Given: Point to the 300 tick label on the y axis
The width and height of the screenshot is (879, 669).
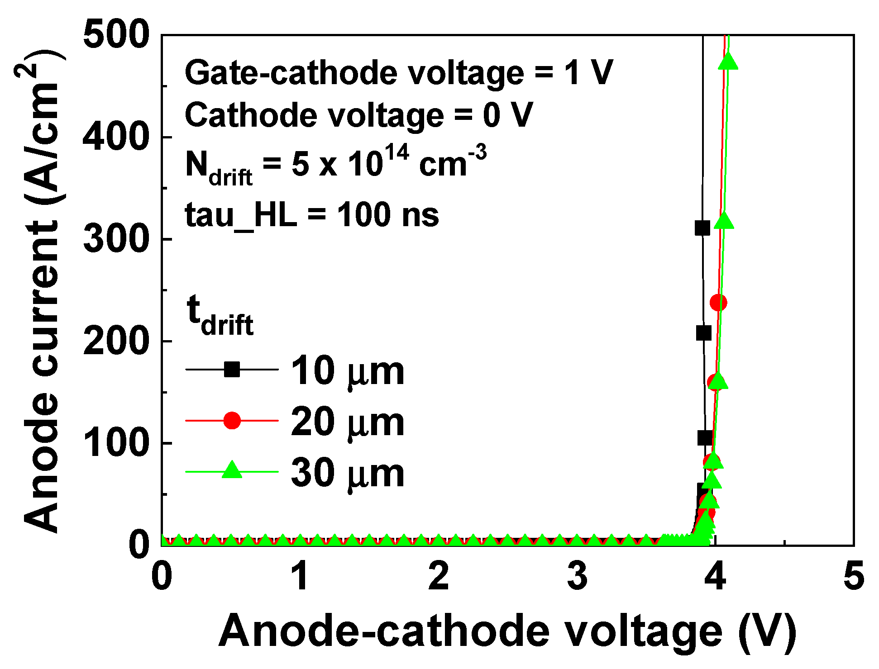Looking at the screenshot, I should coord(116,239).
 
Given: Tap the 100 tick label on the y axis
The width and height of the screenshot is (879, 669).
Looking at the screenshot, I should coord(116,443).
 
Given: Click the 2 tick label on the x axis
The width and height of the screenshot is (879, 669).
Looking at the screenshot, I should coord(439,576).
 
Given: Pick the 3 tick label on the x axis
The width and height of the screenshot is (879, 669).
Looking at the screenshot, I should coord(577,576).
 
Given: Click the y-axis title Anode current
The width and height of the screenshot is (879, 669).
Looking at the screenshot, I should coord(43,289).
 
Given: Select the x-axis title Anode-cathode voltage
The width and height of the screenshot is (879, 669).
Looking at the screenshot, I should coord(507,631).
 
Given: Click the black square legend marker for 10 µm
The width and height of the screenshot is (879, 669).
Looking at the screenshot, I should coord(232,370).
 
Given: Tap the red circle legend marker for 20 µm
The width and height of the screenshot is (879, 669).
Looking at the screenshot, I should coord(232,421).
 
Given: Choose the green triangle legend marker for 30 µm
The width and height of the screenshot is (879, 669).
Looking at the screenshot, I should coord(232,470).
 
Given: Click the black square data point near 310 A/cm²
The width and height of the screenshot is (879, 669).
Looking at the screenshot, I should coord(702,228).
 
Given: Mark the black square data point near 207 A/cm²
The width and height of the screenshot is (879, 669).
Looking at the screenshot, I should coord(703,333).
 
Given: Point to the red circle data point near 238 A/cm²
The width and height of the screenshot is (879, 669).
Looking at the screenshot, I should coord(718,303).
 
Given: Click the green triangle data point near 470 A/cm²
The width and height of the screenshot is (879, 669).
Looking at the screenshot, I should coord(728,61).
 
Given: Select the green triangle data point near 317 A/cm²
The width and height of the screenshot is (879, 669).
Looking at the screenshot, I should coord(724,221).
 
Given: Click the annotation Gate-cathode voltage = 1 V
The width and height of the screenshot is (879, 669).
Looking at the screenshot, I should coord(398,73).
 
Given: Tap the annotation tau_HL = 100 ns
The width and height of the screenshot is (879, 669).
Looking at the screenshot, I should coord(312,215).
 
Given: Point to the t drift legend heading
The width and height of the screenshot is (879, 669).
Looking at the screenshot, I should coord(220,316).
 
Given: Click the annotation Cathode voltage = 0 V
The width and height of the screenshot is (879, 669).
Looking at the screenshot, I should coord(359,115).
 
